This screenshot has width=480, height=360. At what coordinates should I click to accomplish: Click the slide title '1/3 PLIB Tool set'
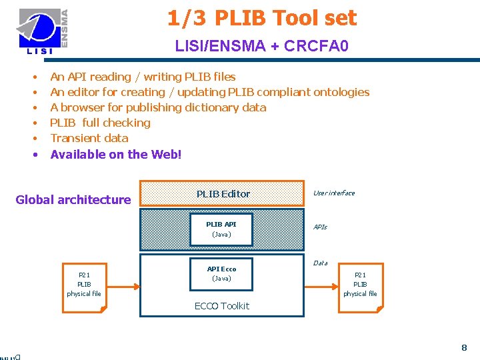[262, 18]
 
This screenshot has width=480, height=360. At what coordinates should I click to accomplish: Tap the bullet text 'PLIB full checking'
[100, 123]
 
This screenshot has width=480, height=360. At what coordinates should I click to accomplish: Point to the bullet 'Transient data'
[89, 138]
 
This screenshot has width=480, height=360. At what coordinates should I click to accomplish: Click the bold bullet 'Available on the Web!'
[115, 154]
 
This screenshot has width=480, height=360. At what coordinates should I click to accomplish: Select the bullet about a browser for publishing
[158, 107]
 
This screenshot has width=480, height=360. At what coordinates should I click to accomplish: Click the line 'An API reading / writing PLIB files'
[143, 77]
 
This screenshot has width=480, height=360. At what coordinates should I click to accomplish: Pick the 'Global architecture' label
[73, 199]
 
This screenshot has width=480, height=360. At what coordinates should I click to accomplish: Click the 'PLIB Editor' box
[223, 193]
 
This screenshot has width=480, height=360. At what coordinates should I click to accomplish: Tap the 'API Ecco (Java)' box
[221, 273]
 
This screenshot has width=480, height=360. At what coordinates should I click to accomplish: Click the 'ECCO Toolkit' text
[221, 306]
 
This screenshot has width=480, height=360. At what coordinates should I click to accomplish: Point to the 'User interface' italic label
[334, 193]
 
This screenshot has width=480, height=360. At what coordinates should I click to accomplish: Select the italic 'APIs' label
[320, 227]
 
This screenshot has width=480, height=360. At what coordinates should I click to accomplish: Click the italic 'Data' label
[320, 263]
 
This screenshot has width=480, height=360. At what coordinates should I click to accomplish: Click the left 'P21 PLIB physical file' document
[84, 285]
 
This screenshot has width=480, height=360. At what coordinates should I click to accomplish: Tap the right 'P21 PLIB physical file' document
[360, 285]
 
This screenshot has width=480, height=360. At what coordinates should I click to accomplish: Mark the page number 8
[464, 347]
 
